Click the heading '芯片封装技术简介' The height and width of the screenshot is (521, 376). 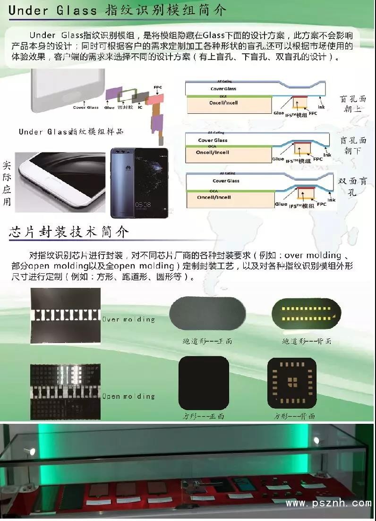pyautogui.click(x=68, y=232)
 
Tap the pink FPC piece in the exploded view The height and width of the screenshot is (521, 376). pyautogui.click(x=154, y=99)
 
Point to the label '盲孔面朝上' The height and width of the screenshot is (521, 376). pyautogui.click(x=353, y=104)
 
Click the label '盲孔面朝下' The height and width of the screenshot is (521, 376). pyautogui.click(x=353, y=145)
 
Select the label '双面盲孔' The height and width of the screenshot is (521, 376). pyautogui.click(x=353, y=186)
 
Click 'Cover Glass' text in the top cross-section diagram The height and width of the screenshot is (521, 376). pyautogui.click(x=223, y=89)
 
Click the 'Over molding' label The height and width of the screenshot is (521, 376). pyautogui.click(x=128, y=319)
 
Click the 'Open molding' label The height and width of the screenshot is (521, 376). pyautogui.click(x=128, y=396)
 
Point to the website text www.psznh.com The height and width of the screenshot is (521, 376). pyautogui.click(x=328, y=504)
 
